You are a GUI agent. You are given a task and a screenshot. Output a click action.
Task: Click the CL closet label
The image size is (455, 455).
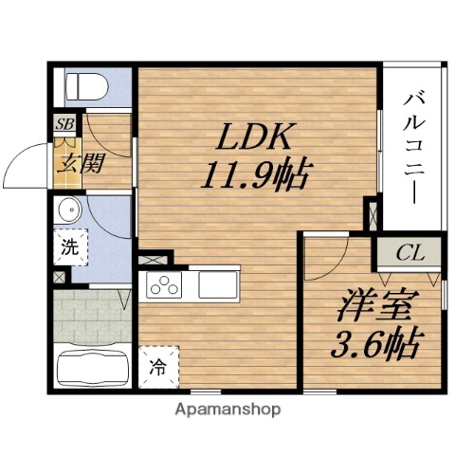[x=410, y=253]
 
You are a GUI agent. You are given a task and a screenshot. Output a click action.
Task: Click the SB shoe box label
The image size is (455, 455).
[x=64, y=124]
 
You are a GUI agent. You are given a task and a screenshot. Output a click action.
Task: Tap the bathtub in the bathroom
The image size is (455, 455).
[x=91, y=367]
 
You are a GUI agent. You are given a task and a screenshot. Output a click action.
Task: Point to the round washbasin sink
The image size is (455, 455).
[x=68, y=209]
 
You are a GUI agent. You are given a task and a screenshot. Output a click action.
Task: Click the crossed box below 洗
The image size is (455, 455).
[x=62, y=278]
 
